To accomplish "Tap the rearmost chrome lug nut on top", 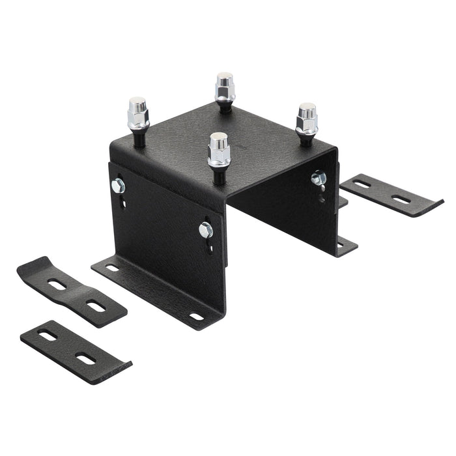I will coord(225,87).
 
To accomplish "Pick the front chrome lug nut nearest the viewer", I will coord(219,149).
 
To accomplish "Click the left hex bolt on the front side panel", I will coord(119,186).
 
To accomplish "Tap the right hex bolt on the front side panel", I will coord(206,229).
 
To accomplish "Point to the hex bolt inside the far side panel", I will coord(317,177).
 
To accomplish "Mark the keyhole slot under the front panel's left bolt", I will coord(123,201).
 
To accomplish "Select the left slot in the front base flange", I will coord(112,268).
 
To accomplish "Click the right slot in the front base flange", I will coord(196,317).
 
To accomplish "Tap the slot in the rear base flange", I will coord(340,246).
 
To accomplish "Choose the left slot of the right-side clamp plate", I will coord(362,184).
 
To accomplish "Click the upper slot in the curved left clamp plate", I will coord(57,285).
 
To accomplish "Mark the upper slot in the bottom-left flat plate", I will coord(47,335).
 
